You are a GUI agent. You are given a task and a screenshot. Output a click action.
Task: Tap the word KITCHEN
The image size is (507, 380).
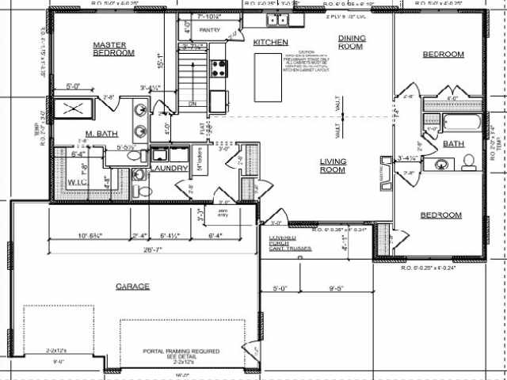tap(270, 42)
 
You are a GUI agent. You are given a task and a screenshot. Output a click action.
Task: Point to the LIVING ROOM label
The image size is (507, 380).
tap(334, 165)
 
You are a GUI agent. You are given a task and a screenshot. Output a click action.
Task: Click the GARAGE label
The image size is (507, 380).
tap(132, 286)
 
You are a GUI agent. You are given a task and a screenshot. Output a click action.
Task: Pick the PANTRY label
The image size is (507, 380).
tap(210, 30)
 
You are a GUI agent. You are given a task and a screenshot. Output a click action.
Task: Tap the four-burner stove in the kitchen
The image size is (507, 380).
tap(219, 69)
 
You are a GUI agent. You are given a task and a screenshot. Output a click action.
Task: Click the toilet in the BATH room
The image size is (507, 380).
tap(468, 163)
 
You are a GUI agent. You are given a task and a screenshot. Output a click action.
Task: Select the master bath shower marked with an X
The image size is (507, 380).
tap(73, 108)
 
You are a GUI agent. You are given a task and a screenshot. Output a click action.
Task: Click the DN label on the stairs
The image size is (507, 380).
tap(191, 104)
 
